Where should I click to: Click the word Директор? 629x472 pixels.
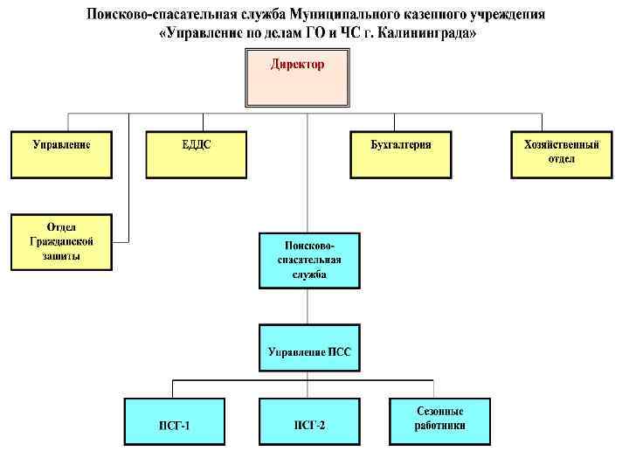point(297,65)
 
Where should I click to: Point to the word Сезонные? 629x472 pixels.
point(439,411)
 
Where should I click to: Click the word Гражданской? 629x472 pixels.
point(61,241)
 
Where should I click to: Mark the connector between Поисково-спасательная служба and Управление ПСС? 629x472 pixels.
point(308,306)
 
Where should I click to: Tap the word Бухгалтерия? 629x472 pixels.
point(401,145)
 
